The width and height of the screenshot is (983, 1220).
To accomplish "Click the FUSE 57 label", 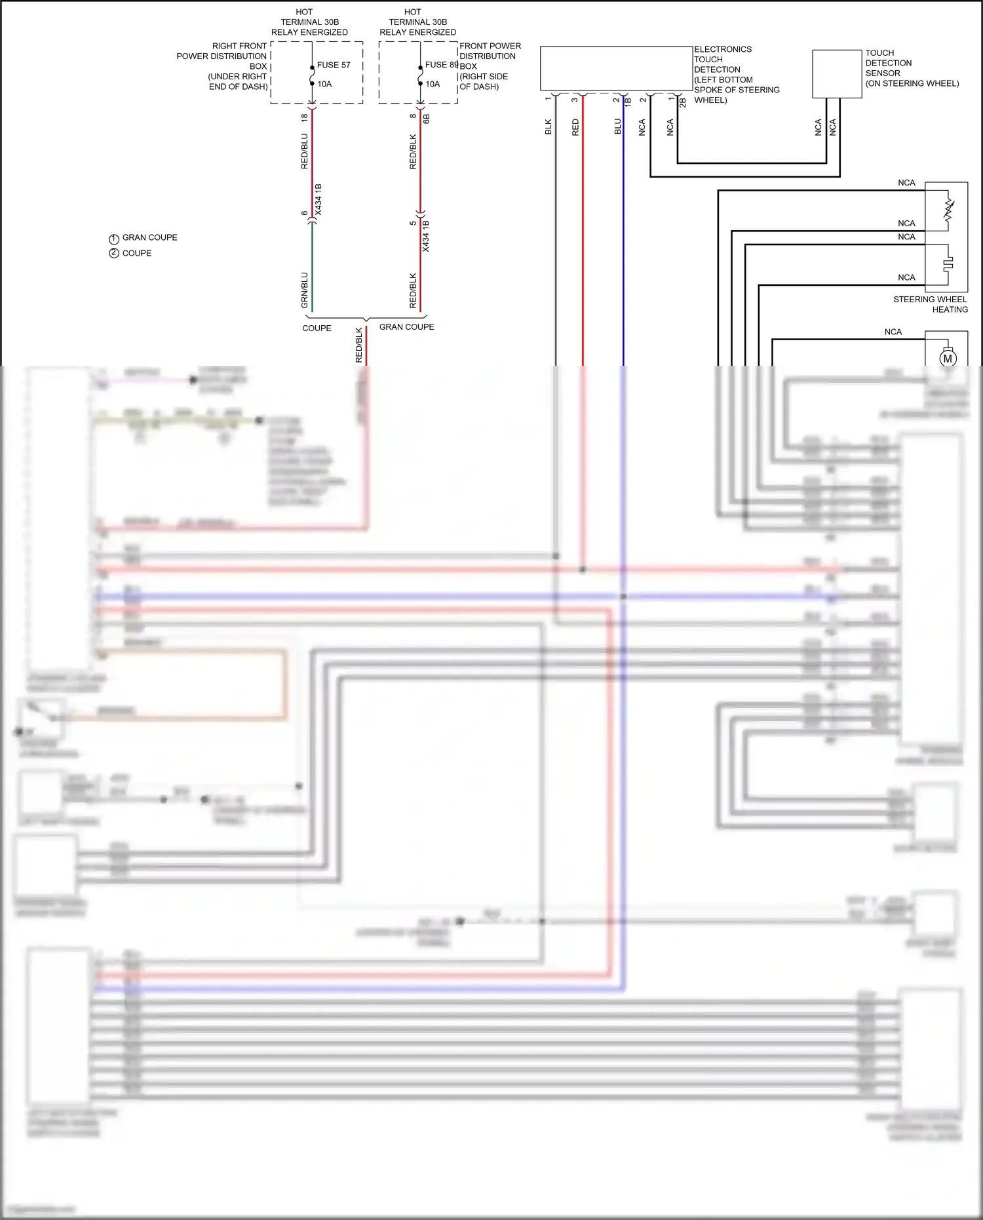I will [334, 65].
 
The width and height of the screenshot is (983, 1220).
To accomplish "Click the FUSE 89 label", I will [441, 65].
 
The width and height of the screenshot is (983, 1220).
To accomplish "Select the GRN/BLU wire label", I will [304, 290].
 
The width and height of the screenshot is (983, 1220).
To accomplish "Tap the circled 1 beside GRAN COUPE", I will [114, 239].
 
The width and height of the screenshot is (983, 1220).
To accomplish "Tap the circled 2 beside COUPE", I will [114, 254].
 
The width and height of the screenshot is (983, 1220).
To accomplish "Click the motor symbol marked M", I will [948, 359].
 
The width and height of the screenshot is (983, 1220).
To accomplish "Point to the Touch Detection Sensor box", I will [837, 74].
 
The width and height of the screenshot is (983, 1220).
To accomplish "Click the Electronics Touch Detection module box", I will [616, 68].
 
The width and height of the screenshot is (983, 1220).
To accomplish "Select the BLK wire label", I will [549, 127].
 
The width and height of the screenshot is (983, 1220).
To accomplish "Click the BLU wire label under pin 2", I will [617, 127].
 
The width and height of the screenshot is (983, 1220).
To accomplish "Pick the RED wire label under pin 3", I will [575, 127].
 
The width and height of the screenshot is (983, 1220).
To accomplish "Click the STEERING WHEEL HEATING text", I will [931, 304].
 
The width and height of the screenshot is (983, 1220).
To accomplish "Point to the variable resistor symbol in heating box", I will [948, 209].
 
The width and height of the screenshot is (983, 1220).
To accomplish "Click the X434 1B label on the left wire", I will [318, 200].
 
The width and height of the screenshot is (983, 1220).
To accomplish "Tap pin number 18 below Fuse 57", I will [305, 118].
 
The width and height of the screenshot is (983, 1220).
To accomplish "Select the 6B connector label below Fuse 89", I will [427, 119].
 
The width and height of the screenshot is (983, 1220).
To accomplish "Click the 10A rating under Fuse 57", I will [324, 84].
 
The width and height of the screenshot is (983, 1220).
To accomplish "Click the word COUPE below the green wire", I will [317, 328].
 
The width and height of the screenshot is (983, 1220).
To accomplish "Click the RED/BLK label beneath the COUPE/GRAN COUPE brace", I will [358, 345].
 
